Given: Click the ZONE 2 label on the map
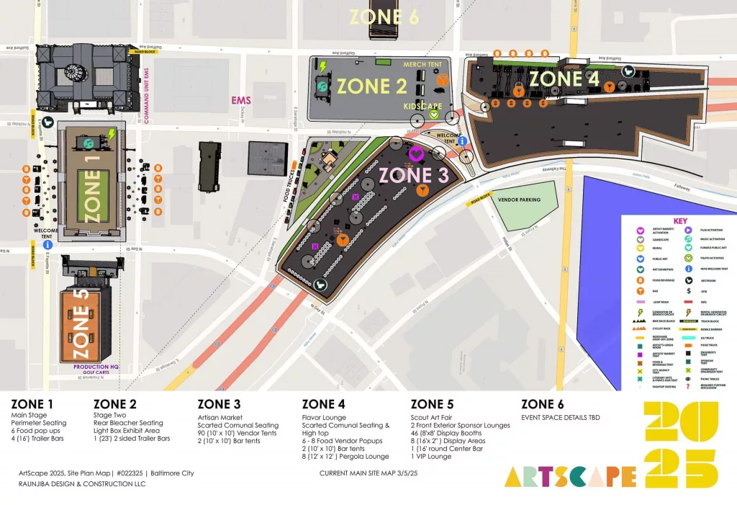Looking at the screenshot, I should click(372, 86).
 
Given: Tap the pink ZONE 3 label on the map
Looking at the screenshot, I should click(414, 175).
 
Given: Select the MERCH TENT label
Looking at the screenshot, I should click(422, 64).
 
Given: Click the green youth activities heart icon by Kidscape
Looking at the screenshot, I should click(434, 115).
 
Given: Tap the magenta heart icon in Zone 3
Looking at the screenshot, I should click(415, 153).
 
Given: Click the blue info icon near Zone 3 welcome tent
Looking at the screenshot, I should click(462, 142).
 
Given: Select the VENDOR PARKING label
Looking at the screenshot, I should click(520, 199).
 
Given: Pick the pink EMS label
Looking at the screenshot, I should click(241, 100).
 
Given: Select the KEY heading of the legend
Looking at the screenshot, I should click(680, 221).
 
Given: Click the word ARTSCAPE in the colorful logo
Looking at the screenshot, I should click(570, 475).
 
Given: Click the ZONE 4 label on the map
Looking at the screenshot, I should click(566, 79).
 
